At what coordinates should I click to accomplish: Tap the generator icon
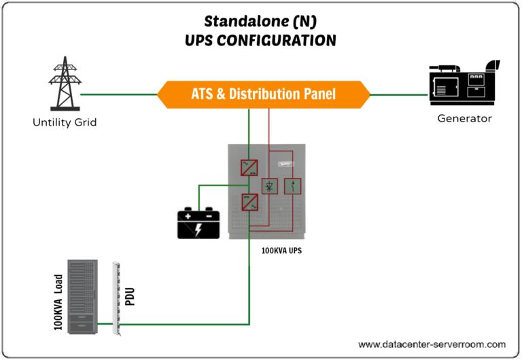[x=464, y=84]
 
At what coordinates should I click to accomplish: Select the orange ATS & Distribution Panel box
[x=263, y=94]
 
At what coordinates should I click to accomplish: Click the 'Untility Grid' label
[x=65, y=123]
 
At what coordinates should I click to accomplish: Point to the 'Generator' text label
[x=464, y=118]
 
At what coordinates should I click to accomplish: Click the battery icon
[x=198, y=224]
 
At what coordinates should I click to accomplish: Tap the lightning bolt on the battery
[x=198, y=229]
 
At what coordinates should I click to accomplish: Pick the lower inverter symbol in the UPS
[x=249, y=202]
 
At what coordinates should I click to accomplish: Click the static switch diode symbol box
[x=270, y=186]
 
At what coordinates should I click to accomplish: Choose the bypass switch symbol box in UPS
[x=292, y=186]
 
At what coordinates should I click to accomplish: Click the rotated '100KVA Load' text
[x=58, y=302]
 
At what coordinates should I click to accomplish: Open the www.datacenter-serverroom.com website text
[x=432, y=344]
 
